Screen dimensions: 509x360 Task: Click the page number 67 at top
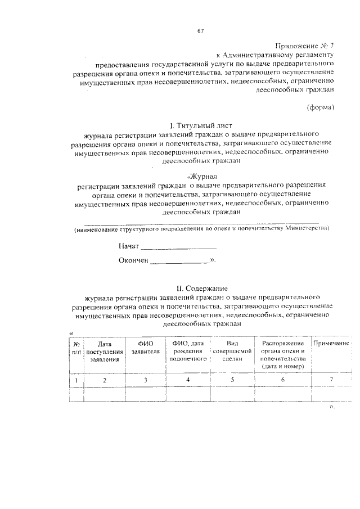(200, 30)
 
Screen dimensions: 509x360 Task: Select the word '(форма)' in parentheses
(321, 107)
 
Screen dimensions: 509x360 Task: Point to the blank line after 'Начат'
(178, 246)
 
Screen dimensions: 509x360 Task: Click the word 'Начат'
(128, 246)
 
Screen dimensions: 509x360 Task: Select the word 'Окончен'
(133, 260)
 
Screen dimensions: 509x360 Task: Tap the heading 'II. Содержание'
(201, 287)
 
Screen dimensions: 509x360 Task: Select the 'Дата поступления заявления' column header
(105, 351)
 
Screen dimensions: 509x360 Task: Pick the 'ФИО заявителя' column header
(145, 347)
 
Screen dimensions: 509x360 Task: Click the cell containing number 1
(75, 381)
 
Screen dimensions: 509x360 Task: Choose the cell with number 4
(188, 381)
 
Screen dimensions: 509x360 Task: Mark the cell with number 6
(282, 381)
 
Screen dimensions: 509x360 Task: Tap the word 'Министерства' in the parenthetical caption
(307, 229)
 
